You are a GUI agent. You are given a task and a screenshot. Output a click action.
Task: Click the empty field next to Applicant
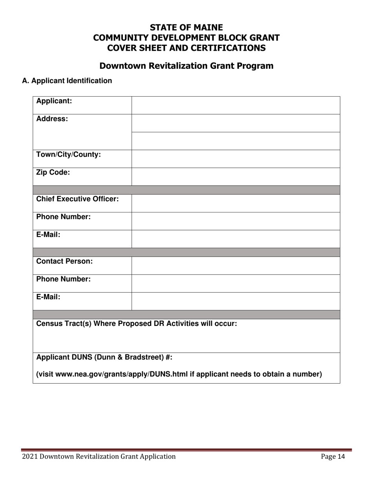(x=236, y=105)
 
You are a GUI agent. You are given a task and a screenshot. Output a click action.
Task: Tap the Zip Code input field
(x=236, y=176)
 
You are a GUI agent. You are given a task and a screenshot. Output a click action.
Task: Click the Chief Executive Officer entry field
(x=236, y=203)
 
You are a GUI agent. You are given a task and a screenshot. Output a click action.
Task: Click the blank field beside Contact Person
(x=236, y=265)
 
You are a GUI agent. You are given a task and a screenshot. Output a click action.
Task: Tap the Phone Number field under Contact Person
(x=236, y=283)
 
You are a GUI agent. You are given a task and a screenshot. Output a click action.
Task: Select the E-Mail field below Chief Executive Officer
(x=236, y=239)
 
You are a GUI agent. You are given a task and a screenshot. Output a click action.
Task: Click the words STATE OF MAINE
(x=186, y=27)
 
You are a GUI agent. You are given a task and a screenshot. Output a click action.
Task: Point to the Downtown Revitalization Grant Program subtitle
(x=186, y=66)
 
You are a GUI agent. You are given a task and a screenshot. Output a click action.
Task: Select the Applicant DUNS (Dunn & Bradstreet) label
(x=104, y=357)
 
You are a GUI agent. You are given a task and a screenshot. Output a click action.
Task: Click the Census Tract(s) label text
(x=136, y=324)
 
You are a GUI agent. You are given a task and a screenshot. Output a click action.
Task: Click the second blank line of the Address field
(x=236, y=141)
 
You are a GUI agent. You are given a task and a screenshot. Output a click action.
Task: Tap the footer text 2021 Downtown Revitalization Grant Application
(x=99, y=456)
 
